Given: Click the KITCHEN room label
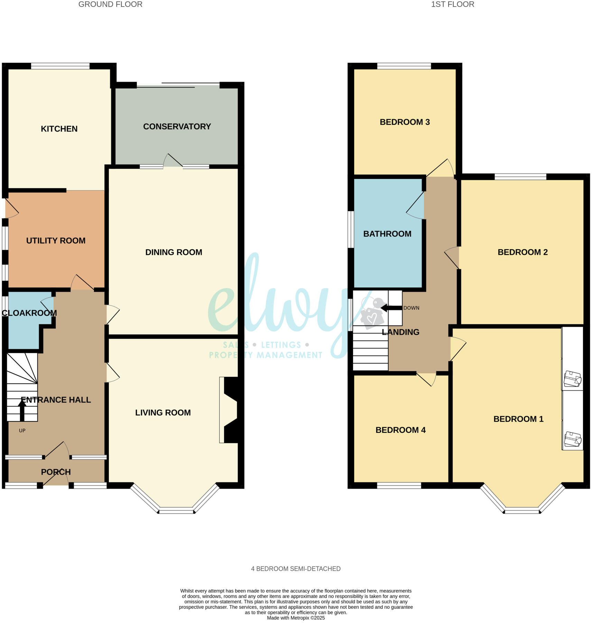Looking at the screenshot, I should [x=59, y=129].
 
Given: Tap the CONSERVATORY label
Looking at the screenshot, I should [x=177, y=127].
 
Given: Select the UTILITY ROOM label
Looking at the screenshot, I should [x=56, y=241].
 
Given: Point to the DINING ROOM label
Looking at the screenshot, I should [x=174, y=252].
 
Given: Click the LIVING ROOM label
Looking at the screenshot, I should [x=163, y=413].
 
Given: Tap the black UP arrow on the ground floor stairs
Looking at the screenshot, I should [x=22, y=410].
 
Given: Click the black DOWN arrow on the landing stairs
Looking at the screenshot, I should [x=391, y=308].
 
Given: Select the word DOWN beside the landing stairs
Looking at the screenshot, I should [x=411, y=308].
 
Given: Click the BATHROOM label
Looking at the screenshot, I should [x=387, y=234].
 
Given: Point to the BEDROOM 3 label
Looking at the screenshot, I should [x=405, y=122].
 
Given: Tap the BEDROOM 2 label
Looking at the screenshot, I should [x=522, y=252].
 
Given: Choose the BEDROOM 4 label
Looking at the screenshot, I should [x=400, y=430].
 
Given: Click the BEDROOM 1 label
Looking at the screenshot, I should [x=518, y=419].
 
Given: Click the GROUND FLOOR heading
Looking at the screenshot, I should [x=110, y=4].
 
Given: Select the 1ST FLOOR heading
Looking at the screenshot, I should [x=452, y=4].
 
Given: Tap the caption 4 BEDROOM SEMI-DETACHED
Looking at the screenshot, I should [x=296, y=569].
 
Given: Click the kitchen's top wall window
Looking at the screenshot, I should [x=60, y=66].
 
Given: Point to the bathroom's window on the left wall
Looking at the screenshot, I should [x=351, y=229].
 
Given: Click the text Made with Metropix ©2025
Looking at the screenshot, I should [x=296, y=618].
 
